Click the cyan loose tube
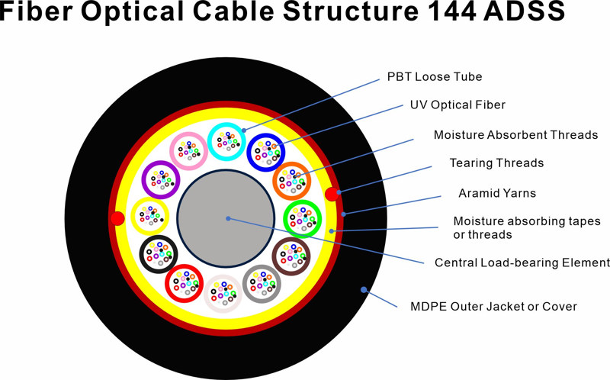(x=226, y=141)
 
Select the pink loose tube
(x=188, y=151)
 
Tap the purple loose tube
(x=161, y=180)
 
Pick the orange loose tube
(x=291, y=181)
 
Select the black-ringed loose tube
(x=159, y=253)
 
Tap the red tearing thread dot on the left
(x=117, y=219)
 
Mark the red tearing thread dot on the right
(x=331, y=194)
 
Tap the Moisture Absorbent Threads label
(x=515, y=135)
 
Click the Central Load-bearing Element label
(x=522, y=262)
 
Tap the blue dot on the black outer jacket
(x=364, y=290)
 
